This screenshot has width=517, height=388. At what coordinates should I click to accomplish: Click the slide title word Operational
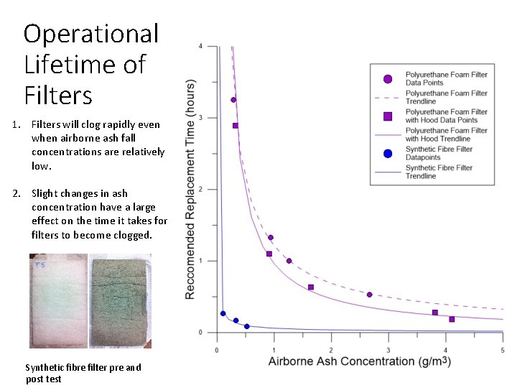pos(90,34)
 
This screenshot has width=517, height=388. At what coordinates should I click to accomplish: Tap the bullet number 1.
pos(17,124)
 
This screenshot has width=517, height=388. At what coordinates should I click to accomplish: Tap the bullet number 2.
pos(17,193)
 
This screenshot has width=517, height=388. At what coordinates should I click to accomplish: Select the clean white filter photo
pos(58,300)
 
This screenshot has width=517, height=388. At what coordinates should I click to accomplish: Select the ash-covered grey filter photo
pos(121,300)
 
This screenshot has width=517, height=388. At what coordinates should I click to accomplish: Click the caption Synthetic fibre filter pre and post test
pos(83,373)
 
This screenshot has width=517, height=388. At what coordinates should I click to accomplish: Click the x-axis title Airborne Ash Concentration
pos(359,361)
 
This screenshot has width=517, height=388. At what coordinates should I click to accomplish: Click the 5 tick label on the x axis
pos(502,350)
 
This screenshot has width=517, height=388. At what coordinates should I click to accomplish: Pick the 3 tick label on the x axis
pos(388,350)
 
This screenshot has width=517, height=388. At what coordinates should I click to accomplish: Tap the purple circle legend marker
pos(388,78)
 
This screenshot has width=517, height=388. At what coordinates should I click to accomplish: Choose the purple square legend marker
pos(388,116)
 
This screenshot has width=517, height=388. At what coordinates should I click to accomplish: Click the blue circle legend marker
pos(388,153)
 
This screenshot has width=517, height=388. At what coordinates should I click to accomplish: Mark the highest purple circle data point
pos(233,100)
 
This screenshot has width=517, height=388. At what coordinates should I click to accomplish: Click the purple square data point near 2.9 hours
pos(236,126)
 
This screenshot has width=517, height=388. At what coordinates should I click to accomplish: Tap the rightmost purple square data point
pos(452,319)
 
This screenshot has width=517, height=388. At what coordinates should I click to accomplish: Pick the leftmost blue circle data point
pos(223,313)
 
